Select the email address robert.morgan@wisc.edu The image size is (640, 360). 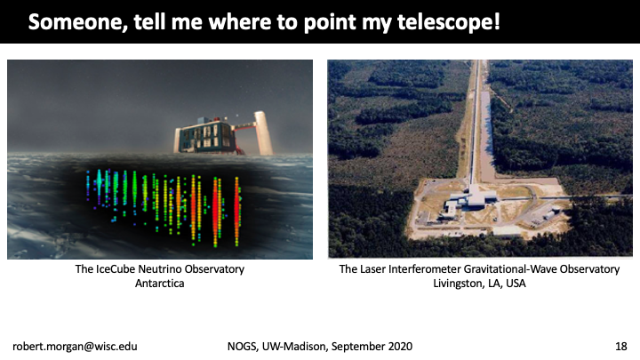tap(75, 347)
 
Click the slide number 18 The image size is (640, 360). tap(620, 347)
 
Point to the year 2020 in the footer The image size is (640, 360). tap(400, 347)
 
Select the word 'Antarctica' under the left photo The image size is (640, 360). tap(160, 284)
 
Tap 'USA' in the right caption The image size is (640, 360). tap(516, 284)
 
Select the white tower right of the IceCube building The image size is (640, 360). tap(263, 133)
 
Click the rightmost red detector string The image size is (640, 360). tap(236, 212)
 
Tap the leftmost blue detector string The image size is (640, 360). tap(88, 186)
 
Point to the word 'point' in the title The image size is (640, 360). tap(330, 23)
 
